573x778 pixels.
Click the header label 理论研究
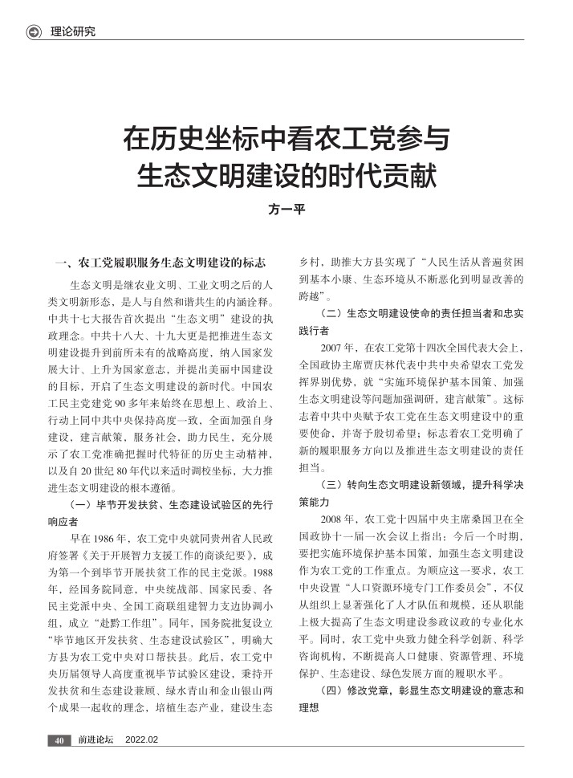pyautogui.click(x=72, y=31)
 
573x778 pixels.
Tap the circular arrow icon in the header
pyautogui.click(x=34, y=31)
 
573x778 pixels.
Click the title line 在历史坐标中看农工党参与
pyautogui.click(x=286, y=139)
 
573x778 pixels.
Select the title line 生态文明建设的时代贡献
pyautogui.click(x=286, y=175)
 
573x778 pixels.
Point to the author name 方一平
pyautogui.click(x=286, y=210)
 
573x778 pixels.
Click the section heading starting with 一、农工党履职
pyautogui.click(x=164, y=263)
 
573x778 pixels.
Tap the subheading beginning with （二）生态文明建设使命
pyautogui.click(x=410, y=318)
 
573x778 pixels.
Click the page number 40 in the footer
pyautogui.click(x=59, y=739)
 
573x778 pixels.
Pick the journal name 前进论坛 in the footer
pyautogui.click(x=95, y=739)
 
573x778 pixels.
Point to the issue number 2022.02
pyautogui.click(x=142, y=739)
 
